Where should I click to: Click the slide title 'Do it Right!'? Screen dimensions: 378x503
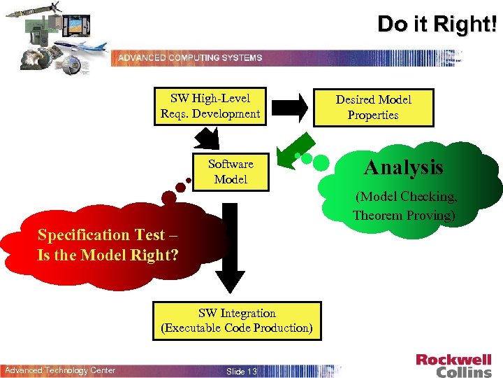click(437, 24)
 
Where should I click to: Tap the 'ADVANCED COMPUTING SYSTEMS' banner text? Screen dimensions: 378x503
click(190, 57)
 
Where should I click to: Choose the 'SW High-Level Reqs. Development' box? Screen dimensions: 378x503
click(210, 106)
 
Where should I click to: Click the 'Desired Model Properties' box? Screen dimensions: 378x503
click(373, 107)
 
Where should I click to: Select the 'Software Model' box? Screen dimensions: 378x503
click(231, 171)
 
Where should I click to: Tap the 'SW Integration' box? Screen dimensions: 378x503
click(237, 321)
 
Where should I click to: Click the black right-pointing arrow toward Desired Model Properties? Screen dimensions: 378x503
click(289, 106)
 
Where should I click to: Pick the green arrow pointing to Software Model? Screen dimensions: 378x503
click(289, 148)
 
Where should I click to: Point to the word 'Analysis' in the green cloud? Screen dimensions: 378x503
click(404, 167)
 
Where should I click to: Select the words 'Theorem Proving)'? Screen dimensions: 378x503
click(404, 215)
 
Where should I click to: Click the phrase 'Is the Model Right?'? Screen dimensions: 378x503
click(108, 255)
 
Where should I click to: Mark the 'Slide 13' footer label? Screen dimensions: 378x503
click(242, 371)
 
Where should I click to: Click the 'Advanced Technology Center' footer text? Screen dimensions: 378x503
click(60, 370)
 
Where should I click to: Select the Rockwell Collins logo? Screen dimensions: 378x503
click(453, 365)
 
